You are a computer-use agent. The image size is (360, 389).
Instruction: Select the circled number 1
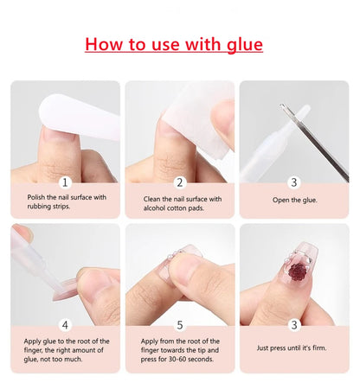(65, 182)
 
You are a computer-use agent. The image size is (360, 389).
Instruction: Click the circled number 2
(180, 182)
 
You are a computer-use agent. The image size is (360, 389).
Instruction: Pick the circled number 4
(65, 325)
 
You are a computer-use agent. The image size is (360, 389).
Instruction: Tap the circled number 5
(180, 325)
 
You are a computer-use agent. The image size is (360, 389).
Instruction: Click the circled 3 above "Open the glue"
(294, 182)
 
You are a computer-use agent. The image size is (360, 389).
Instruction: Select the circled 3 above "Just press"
(294, 325)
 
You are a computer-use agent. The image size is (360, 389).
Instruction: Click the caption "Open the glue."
(294, 200)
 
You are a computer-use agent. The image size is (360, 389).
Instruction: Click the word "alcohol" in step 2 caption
(157, 209)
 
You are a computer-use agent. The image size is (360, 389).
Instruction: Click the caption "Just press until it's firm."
(295, 348)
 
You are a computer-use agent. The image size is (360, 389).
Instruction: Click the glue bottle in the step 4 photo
(35, 259)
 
